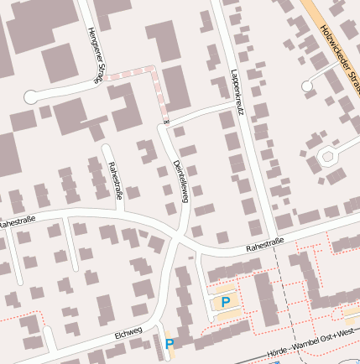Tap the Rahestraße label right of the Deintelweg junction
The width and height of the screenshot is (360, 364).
coord(265,244)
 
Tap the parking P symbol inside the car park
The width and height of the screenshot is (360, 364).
coord(224,302)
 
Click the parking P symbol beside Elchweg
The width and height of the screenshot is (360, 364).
coord(170,344)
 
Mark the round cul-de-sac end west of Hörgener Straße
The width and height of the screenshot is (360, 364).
coord(31,96)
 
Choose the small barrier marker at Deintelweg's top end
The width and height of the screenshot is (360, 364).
coord(166,124)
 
